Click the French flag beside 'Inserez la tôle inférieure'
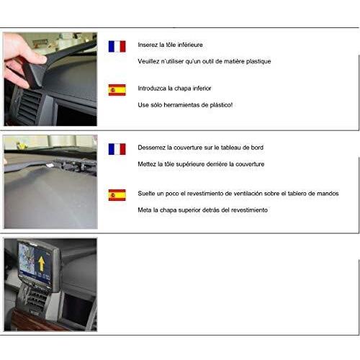[x=117, y=46]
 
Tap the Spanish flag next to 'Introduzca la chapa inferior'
[x=117, y=90]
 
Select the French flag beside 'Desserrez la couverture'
[x=117, y=149]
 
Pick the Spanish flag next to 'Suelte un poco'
[x=117, y=195]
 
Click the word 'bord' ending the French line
[x=257, y=148]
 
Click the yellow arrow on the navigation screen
[x=42, y=264]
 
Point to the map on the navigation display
[x=27, y=259]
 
